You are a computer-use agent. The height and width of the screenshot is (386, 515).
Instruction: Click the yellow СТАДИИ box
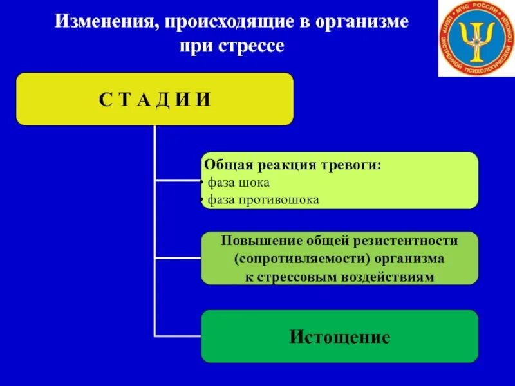click(154, 98)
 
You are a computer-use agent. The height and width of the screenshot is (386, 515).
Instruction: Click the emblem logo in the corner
click(477, 39)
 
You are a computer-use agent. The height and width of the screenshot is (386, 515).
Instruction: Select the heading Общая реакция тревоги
click(293, 166)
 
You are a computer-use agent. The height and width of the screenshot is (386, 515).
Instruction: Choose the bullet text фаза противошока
click(263, 199)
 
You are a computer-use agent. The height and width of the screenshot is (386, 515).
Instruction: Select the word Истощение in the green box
click(340, 336)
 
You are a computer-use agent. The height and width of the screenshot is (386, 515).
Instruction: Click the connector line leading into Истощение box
click(178, 335)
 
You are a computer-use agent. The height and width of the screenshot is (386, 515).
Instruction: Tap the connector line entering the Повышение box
click(178, 258)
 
